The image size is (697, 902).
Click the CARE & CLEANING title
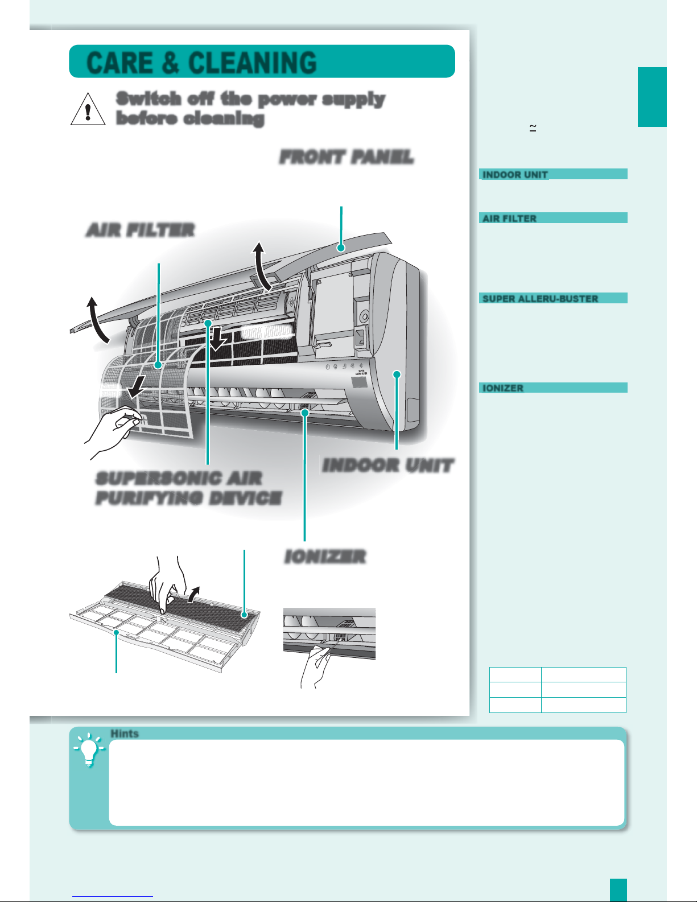point(201,63)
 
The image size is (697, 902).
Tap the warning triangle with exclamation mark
point(88,109)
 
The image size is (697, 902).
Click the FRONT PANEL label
point(347,157)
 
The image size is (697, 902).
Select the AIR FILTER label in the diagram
point(140,230)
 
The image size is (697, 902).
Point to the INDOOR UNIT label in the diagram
point(388,466)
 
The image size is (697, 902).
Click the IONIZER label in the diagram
point(325,557)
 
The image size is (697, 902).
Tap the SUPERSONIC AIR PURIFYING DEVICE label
point(189,488)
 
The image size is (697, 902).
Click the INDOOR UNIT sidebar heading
point(515,175)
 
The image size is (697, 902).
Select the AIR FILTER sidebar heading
point(509,219)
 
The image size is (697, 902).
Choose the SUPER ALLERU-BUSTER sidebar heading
point(540,299)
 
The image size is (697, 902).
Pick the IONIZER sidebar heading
point(503,388)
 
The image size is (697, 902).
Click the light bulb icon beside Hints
point(89,749)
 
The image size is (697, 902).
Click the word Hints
point(125,734)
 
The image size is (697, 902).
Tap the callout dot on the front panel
point(341,248)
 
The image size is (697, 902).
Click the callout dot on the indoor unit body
point(397,374)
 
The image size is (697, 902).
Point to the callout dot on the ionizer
point(305,413)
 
